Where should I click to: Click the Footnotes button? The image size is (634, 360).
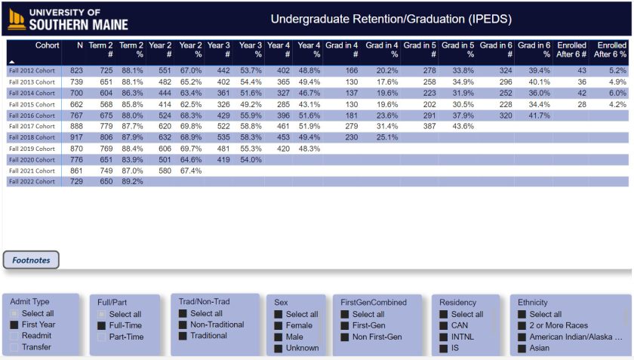pyautogui.click(x=32, y=260)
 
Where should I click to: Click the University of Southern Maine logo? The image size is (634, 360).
pyautogui.click(x=68, y=19)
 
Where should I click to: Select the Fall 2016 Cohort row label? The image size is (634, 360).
pyautogui.click(x=32, y=115)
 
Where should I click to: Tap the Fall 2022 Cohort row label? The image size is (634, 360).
pyautogui.click(x=32, y=182)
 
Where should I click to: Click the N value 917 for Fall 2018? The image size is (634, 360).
pyautogui.click(x=75, y=137)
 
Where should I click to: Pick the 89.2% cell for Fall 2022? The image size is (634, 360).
pyautogui.click(x=132, y=182)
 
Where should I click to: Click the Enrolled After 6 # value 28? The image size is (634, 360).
pyautogui.click(x=581, y=104)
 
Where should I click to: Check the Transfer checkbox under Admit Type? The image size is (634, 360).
pyautogui.click(x=14, y=347)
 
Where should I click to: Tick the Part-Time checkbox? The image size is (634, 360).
pyautogui.click(x=102, y=337)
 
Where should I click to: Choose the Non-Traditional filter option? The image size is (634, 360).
pyautogui.click(x=183, y=325)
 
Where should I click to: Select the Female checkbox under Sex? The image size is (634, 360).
pyautogui.click(x=279, y=325)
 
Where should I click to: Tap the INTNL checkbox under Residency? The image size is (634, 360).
pyautogui.click(x=443, y=337)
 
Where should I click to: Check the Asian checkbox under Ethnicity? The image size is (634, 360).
pyautogui.click(x=522, y=348)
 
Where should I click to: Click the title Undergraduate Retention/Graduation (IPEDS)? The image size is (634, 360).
pyautogui.click(x=391, y=19)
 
